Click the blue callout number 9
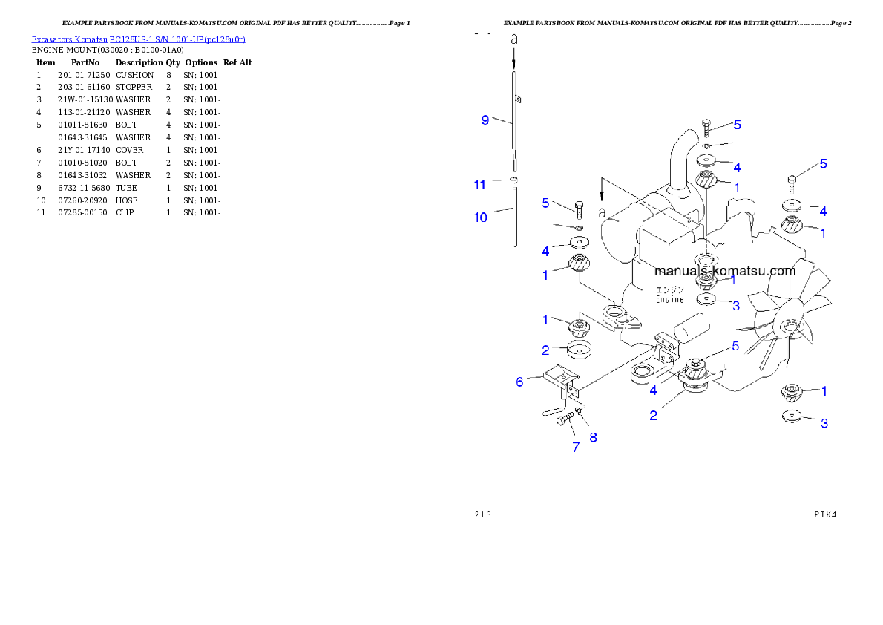(485, 120)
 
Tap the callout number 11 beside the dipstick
(480, 184)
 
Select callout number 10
(481, 217)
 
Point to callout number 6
(520, 382)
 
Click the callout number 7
(576, 447)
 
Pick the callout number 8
(593, 437)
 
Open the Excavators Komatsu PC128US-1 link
(138, 39)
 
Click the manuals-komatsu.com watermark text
(725, 271)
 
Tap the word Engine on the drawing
(669, 299)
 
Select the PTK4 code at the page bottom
(824, 514)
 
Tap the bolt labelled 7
(563, 421)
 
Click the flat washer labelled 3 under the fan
(793, 416)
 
